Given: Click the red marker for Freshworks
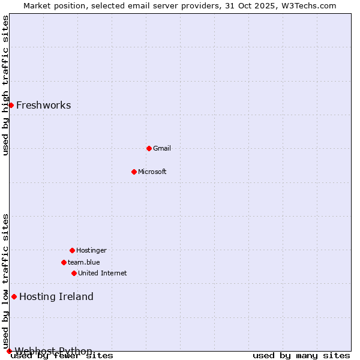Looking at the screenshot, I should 11,105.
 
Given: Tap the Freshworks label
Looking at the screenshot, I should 43,106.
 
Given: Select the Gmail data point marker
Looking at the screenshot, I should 149,148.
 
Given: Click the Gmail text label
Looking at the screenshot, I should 162,148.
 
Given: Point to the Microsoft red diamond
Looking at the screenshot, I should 134,172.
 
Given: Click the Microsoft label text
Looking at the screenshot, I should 152,172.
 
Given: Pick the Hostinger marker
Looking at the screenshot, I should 72,250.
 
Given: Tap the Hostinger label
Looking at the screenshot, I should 91,250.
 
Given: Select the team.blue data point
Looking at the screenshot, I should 64,262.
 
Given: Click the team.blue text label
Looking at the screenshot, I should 83,262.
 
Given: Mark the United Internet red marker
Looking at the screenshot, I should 74,273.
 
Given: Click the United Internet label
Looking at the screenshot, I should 102,273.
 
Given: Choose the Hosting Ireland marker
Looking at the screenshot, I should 14,296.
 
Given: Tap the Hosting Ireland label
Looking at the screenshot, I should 56,296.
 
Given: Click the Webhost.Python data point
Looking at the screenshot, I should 9,351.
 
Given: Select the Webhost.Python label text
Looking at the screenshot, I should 53,351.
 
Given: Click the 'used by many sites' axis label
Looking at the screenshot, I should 301,356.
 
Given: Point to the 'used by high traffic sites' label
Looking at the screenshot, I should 6,85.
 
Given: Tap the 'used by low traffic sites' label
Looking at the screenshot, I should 6,280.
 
